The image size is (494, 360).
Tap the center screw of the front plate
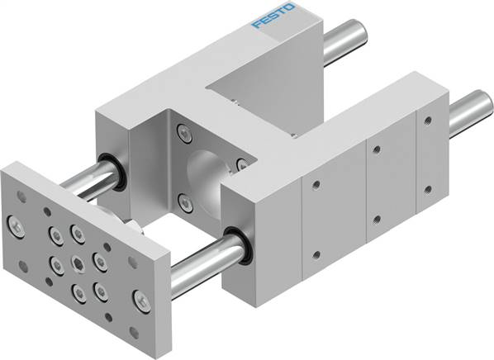point(78,263)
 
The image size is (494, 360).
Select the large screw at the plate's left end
point(16,223)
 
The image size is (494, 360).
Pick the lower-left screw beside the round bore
point(183,198)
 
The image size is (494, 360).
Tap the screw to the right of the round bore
point(241,164)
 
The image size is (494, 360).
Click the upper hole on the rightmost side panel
point(427,121)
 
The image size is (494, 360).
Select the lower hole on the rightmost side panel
point(428,189)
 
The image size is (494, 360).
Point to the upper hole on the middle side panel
point(375,149)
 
